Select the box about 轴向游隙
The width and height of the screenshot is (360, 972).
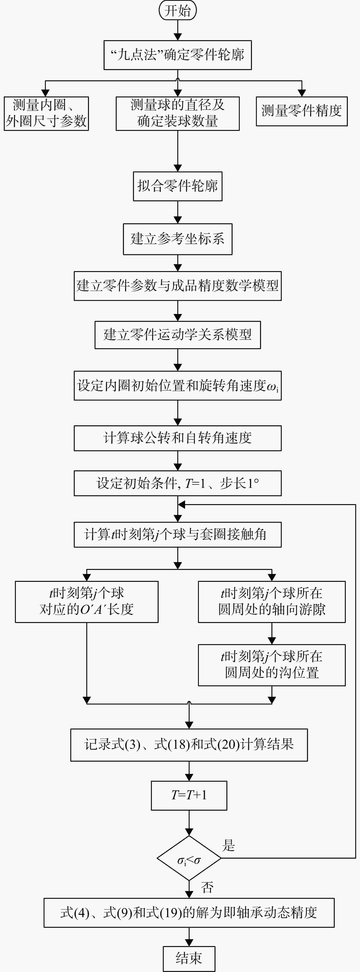[x=272, y=602]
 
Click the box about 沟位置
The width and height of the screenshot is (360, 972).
[x=272, y=665]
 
